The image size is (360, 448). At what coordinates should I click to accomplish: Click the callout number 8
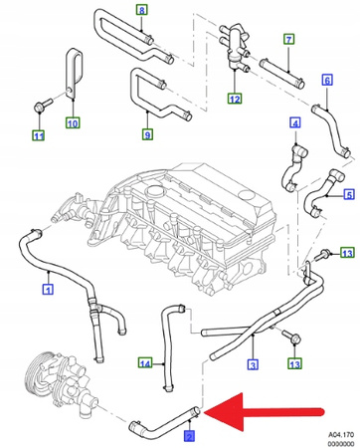point(141,11)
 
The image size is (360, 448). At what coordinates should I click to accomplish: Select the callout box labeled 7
point(288,40)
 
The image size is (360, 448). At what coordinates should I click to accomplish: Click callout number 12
point(234,100)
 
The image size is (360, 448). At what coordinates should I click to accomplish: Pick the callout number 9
point(147,134)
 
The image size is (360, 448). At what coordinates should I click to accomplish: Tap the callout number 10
point(73,123)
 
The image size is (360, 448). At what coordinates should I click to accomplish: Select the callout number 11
point(39,135)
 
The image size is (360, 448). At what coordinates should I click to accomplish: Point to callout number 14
point(144,363)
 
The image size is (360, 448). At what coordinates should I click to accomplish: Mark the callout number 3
point(253,364)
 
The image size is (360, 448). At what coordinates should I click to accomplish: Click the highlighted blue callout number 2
point(189,435)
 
